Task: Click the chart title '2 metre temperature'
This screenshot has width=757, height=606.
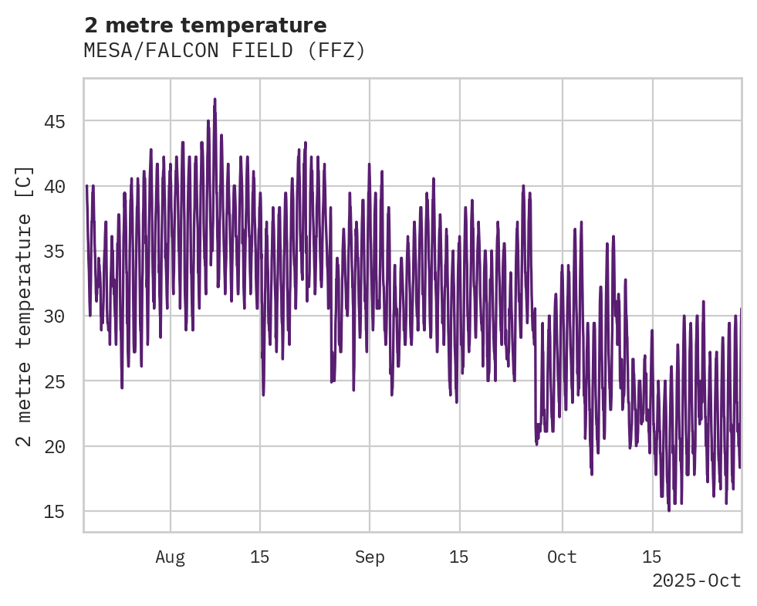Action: (x=205, y=25)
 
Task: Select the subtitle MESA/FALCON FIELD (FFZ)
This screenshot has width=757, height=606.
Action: (x=224, y=51)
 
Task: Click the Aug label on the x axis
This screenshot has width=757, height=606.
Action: (x=171, y=557)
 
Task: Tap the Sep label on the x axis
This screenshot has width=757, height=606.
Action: (x=370, y=557)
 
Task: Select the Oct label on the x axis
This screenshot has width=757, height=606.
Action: (x=563, y=557)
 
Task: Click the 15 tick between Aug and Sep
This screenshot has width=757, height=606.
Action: (x=260, y=557)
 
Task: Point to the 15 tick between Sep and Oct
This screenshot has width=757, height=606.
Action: (x=459, y=557)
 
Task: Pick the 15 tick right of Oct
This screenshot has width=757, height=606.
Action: (x=652, y=557)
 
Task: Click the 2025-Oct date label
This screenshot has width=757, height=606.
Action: (x=697, y=581)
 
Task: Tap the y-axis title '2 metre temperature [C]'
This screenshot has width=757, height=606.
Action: (x=24, y=306)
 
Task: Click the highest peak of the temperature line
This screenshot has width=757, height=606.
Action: (x=215, y=100)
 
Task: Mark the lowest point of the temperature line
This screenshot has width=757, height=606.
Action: (x=669, y=510)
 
